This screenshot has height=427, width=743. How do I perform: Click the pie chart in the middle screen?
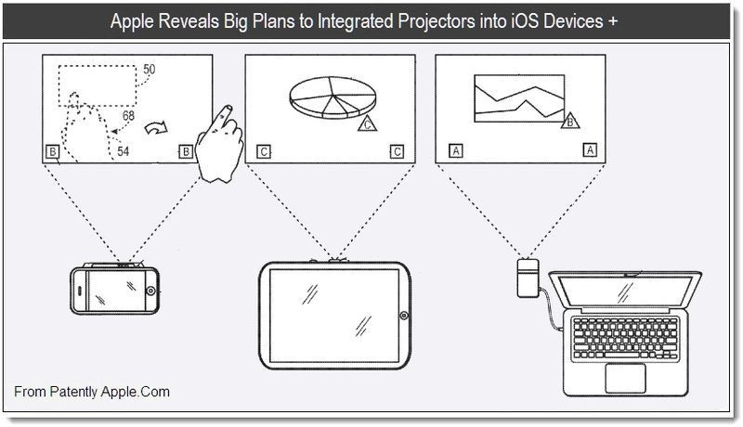coord(332,97)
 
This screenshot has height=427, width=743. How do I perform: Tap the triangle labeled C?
coord(367,123)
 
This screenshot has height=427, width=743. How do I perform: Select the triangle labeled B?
coord(570,122)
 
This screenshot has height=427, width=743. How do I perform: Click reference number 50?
coord(150,70)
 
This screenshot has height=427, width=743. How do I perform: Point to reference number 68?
coord(128,116)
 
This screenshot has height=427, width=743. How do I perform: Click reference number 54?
coord(124,151)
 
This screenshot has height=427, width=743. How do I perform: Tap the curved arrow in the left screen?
coord(156,127)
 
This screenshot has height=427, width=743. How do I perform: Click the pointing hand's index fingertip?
coord(228,108)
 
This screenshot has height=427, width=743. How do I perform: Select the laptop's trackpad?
coord(625,378)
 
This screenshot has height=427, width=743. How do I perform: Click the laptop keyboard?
coord(626,339)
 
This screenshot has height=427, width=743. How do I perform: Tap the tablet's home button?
coord(404,316)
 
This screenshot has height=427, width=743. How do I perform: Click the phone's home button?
coord(150,291)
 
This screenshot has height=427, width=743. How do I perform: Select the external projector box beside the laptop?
coord(528,278)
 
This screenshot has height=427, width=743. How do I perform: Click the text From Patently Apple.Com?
coord(92,392)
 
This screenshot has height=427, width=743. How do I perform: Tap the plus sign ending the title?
coord(613,21)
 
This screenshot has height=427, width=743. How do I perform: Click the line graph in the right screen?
coord(519,98)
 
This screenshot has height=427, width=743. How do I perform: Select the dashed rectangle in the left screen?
coord(98,85)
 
